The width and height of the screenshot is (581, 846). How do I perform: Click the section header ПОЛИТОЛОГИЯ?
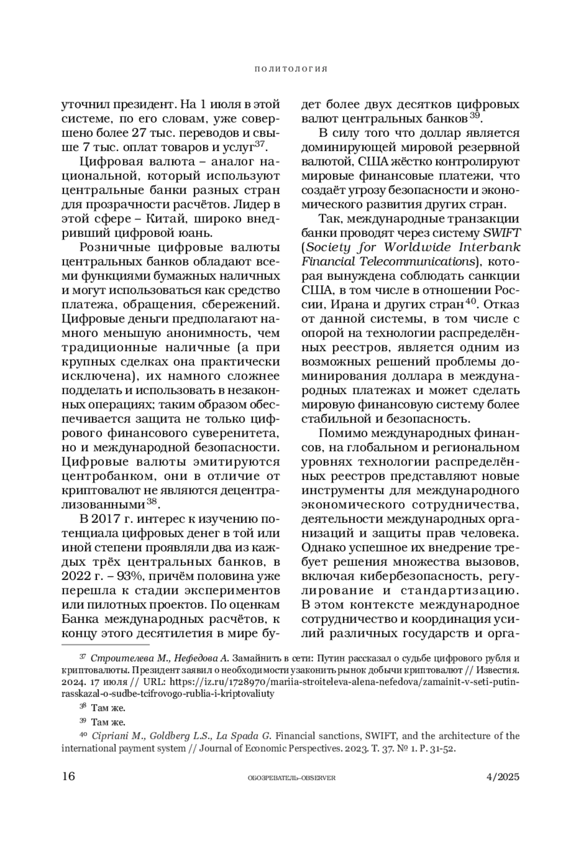[291, 69]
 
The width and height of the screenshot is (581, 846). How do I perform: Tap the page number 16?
[68, 776]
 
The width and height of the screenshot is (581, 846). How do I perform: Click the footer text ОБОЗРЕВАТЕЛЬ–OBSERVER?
[291, 778]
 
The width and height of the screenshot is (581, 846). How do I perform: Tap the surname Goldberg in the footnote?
[168, 736]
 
